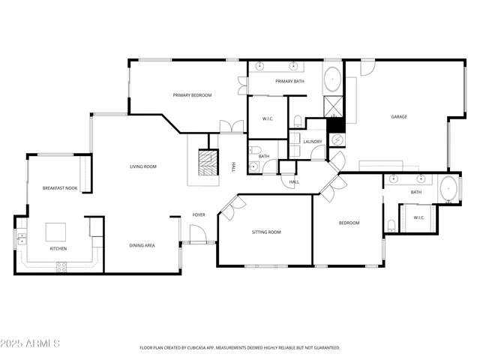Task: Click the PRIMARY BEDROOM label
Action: [192, 95]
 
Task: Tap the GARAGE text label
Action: [398, 116]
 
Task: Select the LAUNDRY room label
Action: [313, 142]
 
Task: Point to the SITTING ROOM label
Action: [265, 232]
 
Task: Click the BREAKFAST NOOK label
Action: [59, 188]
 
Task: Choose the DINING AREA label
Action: [142, 245]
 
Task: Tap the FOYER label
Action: [199, 214]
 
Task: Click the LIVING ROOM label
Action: [142, 166]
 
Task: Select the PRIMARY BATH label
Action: [289, 81]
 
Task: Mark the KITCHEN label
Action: [58, 248]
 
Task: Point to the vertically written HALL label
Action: [234, 166]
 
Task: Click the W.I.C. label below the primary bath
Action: [268, 119]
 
